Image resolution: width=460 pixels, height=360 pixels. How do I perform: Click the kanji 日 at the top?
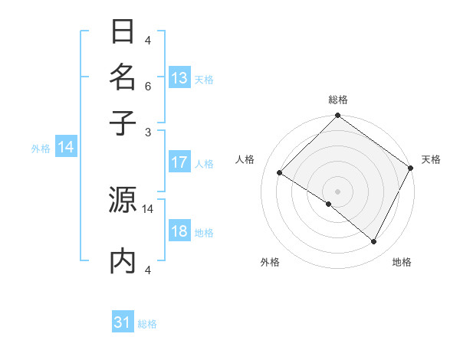click(123, 33)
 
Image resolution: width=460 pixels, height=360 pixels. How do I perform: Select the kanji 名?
click(123, 77)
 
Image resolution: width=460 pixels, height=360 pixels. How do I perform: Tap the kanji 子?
click(123, 122)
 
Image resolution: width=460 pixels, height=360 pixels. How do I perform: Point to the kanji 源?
click(123, 200)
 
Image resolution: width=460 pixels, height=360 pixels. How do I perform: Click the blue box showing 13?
click(179, 78)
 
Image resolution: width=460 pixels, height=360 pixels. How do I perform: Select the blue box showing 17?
click(179, 162)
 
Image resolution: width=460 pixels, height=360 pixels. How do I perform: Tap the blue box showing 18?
click(179, 232)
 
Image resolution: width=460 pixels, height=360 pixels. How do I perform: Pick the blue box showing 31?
click(123, 322)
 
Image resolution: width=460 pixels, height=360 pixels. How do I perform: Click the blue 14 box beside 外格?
click(66, 148)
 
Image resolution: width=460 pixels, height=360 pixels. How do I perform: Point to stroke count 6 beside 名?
click(148, 87)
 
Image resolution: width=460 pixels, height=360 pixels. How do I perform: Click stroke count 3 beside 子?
click(148, 131)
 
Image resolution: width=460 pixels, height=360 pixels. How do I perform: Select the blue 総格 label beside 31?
click(147, 324)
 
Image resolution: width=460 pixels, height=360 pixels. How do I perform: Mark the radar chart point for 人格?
click(280, 173)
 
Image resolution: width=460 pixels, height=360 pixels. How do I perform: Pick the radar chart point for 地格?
click(374, 242)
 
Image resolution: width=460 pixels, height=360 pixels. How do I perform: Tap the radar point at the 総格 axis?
click(337, 116)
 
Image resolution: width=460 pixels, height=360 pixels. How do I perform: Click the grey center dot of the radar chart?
click(337, 191)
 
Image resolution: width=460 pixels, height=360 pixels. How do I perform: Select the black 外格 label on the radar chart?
click(270, 262)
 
